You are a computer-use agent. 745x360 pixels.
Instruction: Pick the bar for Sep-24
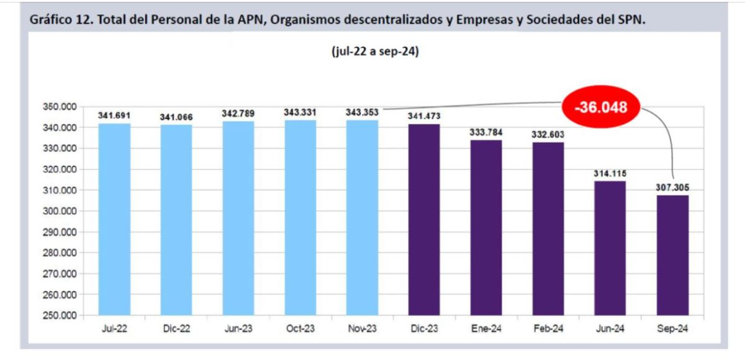[x=672, y=255]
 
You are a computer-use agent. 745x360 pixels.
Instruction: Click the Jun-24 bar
[x=610, y=248]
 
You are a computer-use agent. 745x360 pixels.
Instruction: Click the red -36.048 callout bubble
[x=600, y=107]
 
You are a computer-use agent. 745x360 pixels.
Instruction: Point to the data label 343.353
[x=362, y=113]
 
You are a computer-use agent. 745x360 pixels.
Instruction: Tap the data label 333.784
[x=486, y=132]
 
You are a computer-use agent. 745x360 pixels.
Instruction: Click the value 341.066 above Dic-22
[x=176, y=117]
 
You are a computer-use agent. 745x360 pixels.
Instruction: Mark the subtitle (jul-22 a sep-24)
[x=376, y=52]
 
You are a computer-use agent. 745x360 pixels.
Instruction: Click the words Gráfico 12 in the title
[x=55, y=20]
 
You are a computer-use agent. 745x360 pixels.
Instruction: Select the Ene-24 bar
[x=486, y=227]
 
